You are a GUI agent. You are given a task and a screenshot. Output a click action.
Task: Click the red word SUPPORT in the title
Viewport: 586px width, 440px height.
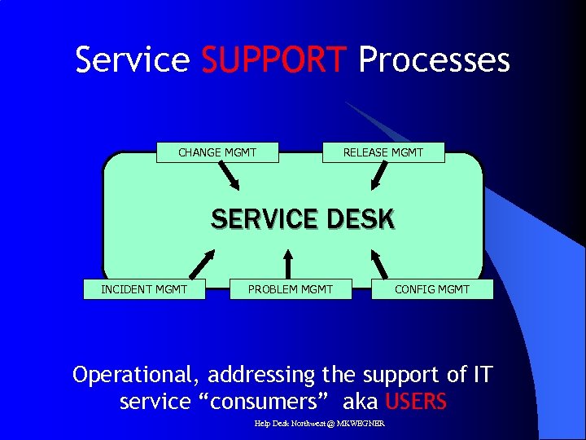[x=273, y=60]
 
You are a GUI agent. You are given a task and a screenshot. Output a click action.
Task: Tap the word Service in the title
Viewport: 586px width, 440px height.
[x=132, y=60]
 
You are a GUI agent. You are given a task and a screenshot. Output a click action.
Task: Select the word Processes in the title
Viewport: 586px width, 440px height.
[x=434, y=60]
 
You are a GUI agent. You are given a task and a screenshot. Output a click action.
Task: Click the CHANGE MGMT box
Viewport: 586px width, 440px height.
[x=217, y=152]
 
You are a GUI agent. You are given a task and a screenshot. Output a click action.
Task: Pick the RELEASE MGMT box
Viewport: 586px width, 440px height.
[x=383, y=152]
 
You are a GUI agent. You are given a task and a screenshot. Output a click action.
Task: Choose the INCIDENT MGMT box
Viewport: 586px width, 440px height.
[x=144, y=289]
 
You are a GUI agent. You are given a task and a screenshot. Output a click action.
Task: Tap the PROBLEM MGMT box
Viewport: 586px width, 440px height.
[x=291, y=289]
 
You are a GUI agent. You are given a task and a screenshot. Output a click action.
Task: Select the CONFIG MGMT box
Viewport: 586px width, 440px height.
[x=432, y=289]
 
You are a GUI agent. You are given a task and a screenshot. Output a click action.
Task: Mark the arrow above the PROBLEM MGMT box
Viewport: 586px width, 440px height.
[x=287, y=262]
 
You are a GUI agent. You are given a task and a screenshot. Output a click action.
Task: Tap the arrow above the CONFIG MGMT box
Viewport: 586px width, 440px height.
[x=379, y=262]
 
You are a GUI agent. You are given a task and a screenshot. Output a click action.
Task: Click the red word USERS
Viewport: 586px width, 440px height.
[x=415, y=402]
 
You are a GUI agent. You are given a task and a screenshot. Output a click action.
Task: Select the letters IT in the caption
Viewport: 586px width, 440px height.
[x=482, y=375]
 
